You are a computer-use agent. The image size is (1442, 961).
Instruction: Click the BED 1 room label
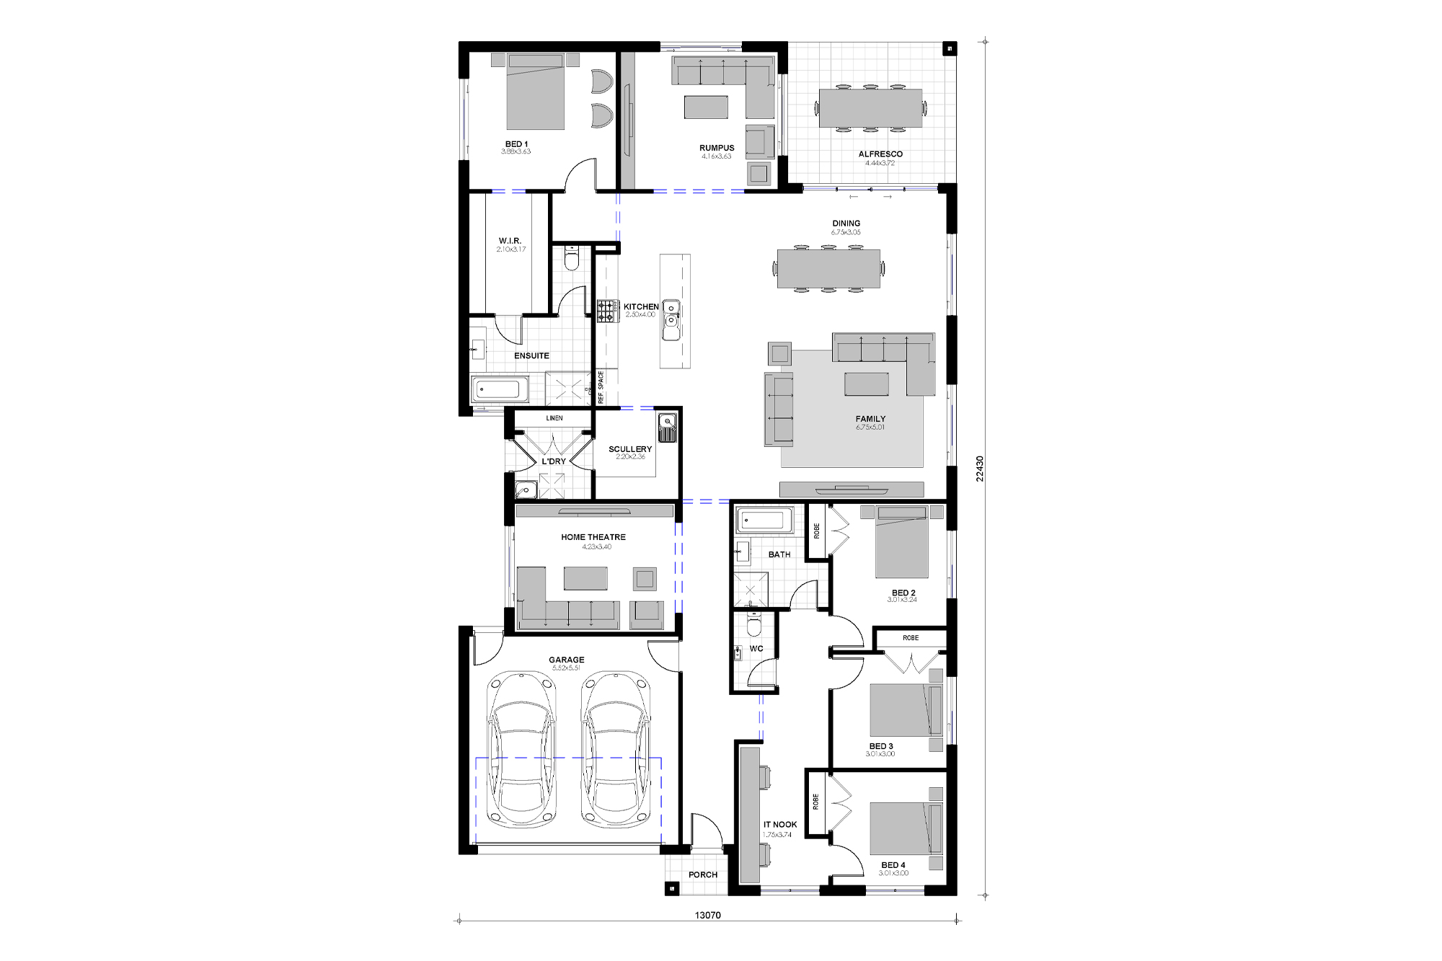[516, 144]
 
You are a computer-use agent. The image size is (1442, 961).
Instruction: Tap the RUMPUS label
[717, 148]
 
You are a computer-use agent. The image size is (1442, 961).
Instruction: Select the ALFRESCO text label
[880, 154]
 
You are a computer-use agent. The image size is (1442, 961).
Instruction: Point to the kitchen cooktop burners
[607, 311]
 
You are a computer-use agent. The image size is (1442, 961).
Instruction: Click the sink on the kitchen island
[671, 320]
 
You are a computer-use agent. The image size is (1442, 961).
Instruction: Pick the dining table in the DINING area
[828, 268]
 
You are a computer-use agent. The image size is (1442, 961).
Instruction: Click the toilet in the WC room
[754, 624]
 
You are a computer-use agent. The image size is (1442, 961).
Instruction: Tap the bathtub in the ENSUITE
[499, 390]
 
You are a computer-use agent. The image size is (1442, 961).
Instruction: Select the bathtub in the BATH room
[764, 520]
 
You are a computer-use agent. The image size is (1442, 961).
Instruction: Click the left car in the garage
[522, 750]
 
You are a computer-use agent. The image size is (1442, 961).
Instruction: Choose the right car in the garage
[616, 750]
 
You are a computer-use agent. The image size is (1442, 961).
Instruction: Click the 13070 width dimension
[707, 916]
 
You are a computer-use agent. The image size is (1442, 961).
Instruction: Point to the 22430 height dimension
[980, 469]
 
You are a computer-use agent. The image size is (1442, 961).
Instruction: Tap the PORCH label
[703, 875]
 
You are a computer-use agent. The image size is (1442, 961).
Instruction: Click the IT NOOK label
[780, 825]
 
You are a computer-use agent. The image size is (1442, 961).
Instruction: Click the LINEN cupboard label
[554, 418]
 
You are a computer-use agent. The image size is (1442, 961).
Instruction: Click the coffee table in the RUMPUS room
[706, 107]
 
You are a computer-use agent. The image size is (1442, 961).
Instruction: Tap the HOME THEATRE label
[593, 537]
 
